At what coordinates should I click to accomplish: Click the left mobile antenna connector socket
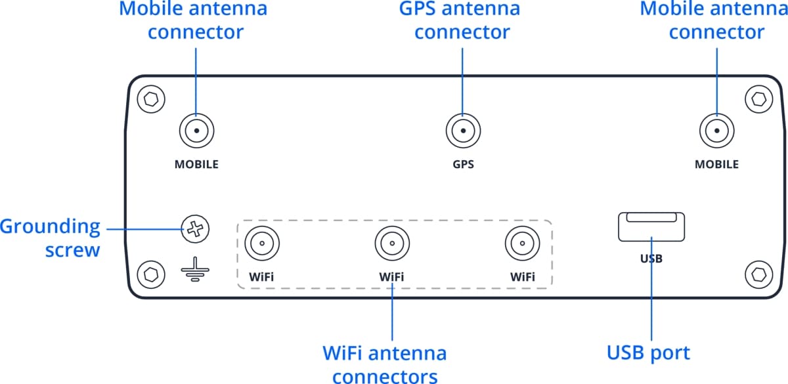[196, 131]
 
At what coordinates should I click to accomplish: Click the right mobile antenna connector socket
[716, 131]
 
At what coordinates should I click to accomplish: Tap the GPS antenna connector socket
[463, 131]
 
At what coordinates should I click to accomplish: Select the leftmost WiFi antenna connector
[261, 244]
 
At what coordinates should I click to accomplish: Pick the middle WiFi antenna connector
[391, 244]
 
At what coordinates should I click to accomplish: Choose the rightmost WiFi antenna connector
[522, 244]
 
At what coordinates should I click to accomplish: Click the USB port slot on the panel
[651, 227]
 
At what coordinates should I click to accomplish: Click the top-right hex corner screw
[759, 100]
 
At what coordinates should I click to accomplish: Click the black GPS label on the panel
[463, 164]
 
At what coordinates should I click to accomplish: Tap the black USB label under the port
[651, 259]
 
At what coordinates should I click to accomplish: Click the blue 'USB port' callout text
[648, 353]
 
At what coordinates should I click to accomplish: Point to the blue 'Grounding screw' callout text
[51, 238]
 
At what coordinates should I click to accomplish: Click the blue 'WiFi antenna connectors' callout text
[385, 364]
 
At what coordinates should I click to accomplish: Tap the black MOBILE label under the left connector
[196, 164]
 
